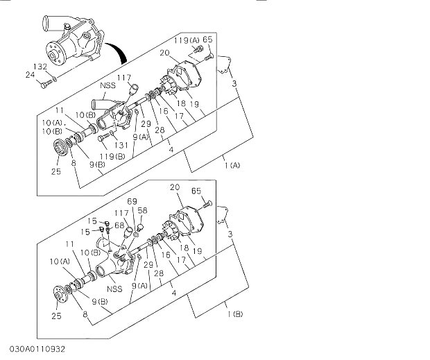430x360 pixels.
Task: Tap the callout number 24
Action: tap(30, 74)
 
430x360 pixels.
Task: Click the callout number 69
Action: tap(132, 201)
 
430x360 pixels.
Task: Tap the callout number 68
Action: tap(119, 225)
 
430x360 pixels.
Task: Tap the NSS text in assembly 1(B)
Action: tap(114, 289)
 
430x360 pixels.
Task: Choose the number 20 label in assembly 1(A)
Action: tap(164, 53)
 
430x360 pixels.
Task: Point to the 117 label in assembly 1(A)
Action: tap(124, 77)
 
